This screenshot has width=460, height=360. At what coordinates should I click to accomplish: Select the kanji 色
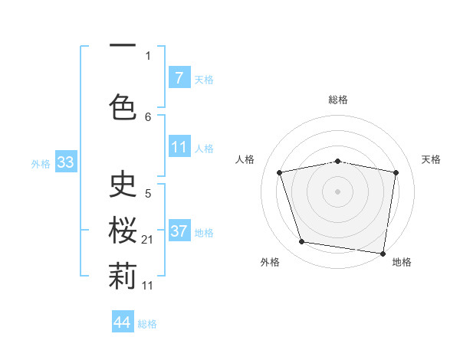pyautogui.click(x=123, y=105)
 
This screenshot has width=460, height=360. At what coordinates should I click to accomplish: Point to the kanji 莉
pyautogui.click(x=123, y=278)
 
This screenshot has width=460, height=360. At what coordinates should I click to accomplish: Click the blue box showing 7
pyautogui.click(x=179, y=78)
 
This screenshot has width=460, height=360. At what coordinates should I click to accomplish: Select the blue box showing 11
pyautogui.click(x=179, y=147)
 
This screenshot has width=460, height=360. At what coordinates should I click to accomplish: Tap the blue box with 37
pyautogui.click(x=179, y=231)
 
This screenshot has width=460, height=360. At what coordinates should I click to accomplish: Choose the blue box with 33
pyautogui.click(x=65, y=162)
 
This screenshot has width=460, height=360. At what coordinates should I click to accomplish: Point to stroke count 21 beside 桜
pyautogui.click(x=148, y=241)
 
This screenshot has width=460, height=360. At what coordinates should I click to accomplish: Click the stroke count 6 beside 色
pyautogui.click(x=148, y=116)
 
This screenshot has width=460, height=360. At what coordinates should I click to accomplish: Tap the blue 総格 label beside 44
pyautogui.click(x=147, y=324)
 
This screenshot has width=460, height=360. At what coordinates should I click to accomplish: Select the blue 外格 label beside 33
pyautogui.click(x=41, y=163)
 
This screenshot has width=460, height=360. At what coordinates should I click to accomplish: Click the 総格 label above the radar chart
pyautogui.click(x=338, y=100)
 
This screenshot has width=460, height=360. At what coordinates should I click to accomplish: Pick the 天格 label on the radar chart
pyautogui.click(x=431, y=159)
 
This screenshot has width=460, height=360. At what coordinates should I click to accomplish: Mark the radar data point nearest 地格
pyautogui.click(x=383, y=253)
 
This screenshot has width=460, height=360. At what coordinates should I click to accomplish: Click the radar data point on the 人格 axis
pyautogui.click(x=280, y=172)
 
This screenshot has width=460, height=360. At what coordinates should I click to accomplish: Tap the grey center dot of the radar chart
pyautogui.click(x=338, y=191)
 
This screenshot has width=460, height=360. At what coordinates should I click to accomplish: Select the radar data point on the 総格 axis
pyautogui.click(x=338, y=161)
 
